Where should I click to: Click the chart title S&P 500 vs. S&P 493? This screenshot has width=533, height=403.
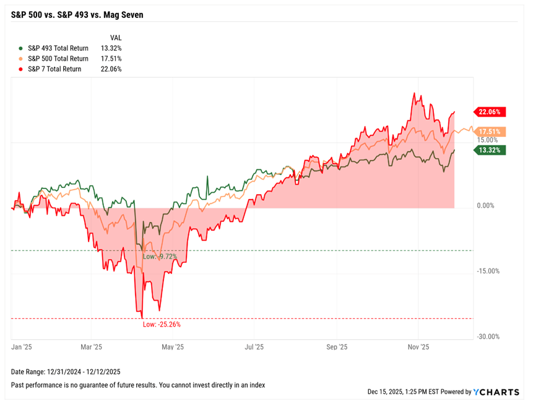point(77,14)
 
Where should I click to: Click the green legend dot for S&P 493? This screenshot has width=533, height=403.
point(21,48)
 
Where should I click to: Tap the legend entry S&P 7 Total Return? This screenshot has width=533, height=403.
point(54,69)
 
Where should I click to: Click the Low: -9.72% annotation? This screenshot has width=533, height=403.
point(160,256)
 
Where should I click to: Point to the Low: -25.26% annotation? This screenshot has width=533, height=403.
point(161,324)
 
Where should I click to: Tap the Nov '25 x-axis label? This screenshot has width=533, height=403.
point(418,348)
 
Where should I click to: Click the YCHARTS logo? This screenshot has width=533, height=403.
point(498,392)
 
